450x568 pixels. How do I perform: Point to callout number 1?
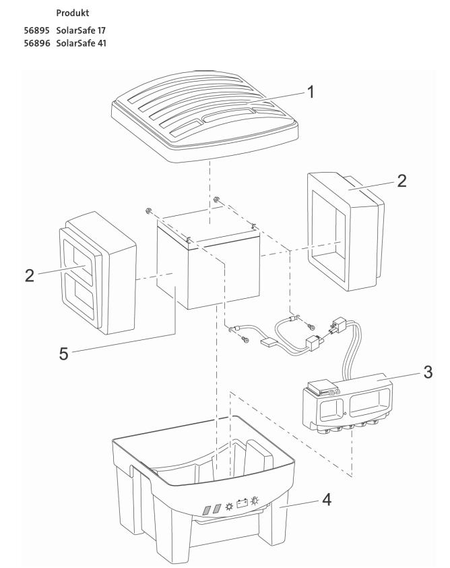pos(311,94)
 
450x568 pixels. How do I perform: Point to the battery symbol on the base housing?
pos(243,504)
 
